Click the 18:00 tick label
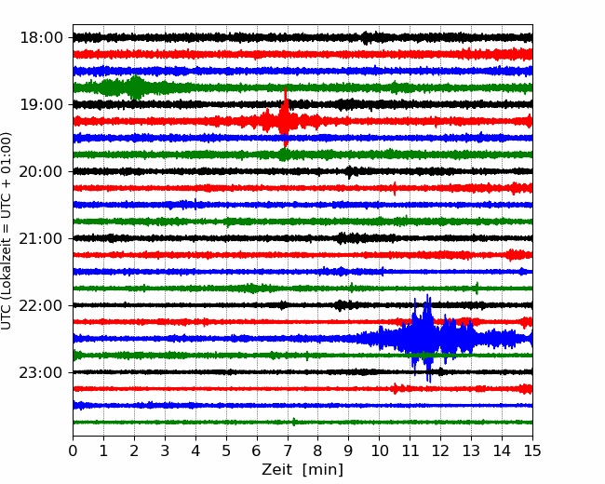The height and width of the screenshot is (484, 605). point(41,38)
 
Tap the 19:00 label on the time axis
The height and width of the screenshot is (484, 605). point(41,104)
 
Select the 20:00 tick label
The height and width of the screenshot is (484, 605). point(41,171)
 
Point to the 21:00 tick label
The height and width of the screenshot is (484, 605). point(41,238)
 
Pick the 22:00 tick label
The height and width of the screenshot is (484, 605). point(41,305)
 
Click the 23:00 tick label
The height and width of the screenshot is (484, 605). point(41,372)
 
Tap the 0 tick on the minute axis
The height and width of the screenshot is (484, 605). point(73,450)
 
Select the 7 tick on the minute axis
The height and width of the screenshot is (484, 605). point(287,450)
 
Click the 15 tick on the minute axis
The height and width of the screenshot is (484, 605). point(532,450)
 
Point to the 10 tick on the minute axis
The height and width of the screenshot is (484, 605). point(379,450)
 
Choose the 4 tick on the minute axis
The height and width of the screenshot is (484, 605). point(195,450)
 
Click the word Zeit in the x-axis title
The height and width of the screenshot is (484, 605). point(278,469)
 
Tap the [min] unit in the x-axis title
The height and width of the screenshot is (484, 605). point(323,470)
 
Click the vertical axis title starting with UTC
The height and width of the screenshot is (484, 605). point(7,231)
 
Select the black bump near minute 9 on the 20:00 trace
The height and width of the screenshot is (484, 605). point(350,171)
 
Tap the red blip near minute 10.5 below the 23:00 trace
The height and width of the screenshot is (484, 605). point(397,388)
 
